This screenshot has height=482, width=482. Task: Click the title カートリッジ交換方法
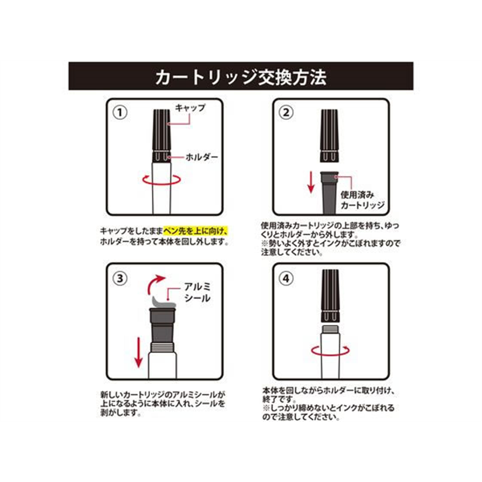pyautogui.click(x=240, y=77)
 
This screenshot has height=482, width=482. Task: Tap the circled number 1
pyautogui.click(x=120, y=113)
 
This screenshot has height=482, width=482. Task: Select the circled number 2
pyautogui.click(x=286, y=113)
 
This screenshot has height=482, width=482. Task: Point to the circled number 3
pyautogui.click(x=120, y=278)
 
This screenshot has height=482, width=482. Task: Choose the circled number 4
pyautogui.click(x=286, y=278)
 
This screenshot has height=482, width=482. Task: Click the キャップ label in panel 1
pyautogui.click(x=190, y=108)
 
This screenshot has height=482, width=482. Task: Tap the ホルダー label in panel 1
pyautogui.click(x=202, y=157)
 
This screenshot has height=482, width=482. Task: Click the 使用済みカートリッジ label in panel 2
pyautogui.click(x=363, y=200)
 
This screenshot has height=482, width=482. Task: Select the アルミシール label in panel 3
pyautogui.click(x=198, y=292)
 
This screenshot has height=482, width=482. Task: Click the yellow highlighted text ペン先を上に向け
pyautogui.click(x=195, y=230)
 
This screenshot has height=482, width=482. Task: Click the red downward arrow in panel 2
pyautogui.click(x=311, y=183)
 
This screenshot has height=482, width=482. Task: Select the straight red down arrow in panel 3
pyautogui.click(x=139, y=352)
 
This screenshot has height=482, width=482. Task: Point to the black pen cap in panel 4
pyautogui.click(x=330, y=296)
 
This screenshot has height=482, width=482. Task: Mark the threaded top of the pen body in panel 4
pyautogui.click(x=330, y=329)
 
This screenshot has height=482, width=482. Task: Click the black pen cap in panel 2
pyautogui.click(x=330, y=136)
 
